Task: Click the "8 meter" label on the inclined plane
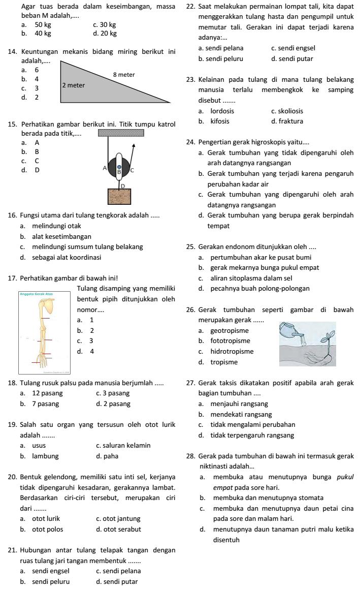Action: [x=123, y=75]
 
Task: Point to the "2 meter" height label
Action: [x=73, y=85]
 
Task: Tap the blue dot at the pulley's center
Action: [x=119, y=166]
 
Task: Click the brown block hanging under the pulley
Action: [x=119, y=196]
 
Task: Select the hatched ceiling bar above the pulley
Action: [x=121, y=133]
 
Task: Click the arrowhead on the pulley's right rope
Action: [x=134, y=146]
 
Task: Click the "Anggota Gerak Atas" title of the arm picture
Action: [x=37, y=294]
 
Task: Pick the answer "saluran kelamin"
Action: [x=123, y=446]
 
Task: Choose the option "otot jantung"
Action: [x=118, y=519]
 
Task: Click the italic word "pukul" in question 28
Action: [x=345, y=477]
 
